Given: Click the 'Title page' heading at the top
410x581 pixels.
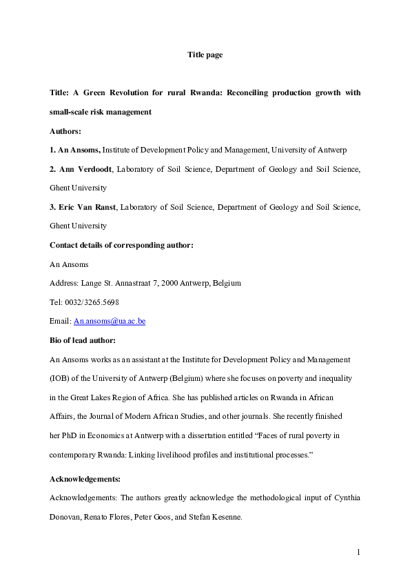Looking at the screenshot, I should pyautogui.click(x=205, y=55).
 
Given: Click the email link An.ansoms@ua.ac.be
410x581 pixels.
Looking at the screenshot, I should pyautogui.click(x=110, y=321).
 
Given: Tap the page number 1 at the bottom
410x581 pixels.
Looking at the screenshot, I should pyautogui.click(x=359, y=552).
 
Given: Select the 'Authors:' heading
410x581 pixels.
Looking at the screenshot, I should pyautogui.click(x=65, y=130).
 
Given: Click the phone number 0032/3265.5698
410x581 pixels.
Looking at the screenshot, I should pyautogui.click(x=95, y=302).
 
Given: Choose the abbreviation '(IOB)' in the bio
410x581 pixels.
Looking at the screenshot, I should pyautogui.click(x=61, y=378).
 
